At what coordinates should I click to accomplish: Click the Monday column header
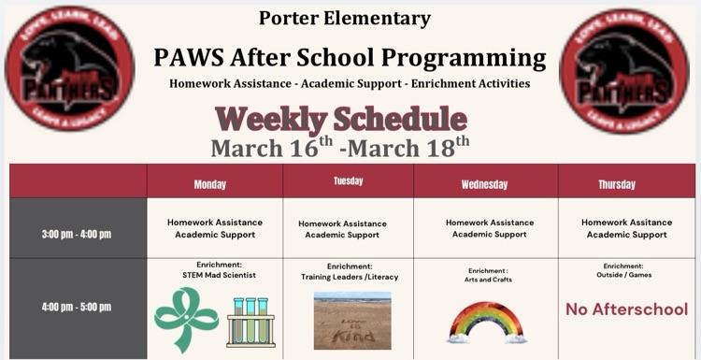click(x=209, y=184)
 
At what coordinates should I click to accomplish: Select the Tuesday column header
click(x=348, y=181)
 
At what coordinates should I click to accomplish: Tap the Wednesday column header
click(x=484, y=184)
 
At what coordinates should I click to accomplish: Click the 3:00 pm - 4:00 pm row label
click(x=77, y=233)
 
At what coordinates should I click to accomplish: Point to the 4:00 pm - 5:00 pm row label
click(x=77, y=307)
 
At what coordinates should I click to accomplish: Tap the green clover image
click(x=185, y=319)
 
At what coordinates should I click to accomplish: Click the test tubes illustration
click(x=250, y=322)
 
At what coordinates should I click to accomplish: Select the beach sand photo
click(x=352, y=321)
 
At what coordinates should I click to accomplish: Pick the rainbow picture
click(x=487, y=323)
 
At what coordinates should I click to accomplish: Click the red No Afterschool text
click(x=626, y=310)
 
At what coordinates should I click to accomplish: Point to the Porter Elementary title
click(x=346, y=18)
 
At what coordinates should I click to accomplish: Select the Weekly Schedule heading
click(x=340, y=119)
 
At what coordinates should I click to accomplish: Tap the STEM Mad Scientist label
click(x=219, y=275)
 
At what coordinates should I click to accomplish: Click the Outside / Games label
click(x=624, y=275)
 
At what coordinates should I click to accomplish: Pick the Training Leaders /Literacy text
click(x=349, y=277)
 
